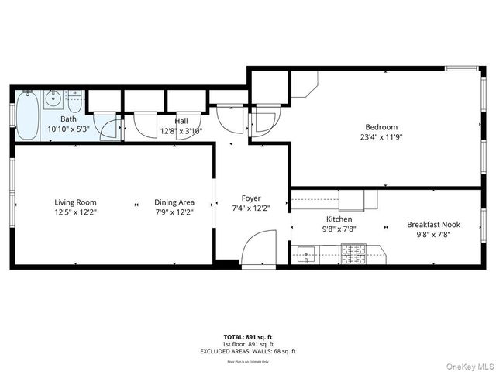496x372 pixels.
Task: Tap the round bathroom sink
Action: coord(53,98)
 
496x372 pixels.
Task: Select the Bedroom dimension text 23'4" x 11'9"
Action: coord(381,136)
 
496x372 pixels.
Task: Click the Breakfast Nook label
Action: coord(433,225)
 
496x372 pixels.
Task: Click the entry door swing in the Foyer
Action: coord(256,252)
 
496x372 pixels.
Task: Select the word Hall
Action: coord(181,121)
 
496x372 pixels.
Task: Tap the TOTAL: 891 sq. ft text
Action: coord(247,337)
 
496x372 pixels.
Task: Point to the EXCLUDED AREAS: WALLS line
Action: coord(247,351)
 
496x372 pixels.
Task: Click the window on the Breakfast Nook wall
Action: coord(482,225)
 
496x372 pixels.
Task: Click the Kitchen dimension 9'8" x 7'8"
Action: coord(339,229)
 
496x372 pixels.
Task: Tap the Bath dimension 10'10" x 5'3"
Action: coord(69,129)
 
